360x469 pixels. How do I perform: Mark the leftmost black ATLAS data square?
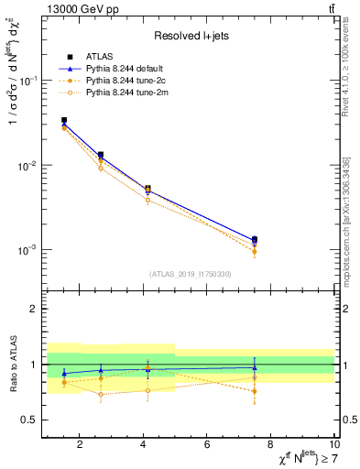pyautogui.click(x=63, y=120)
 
